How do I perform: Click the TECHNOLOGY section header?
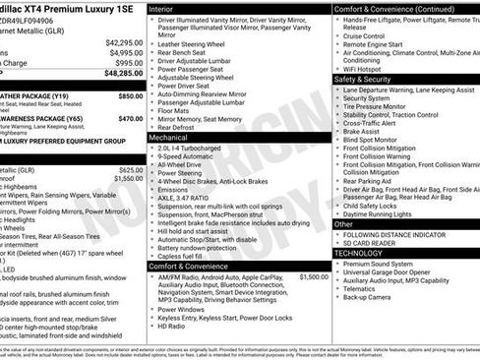365,254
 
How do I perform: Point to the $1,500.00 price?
312,277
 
